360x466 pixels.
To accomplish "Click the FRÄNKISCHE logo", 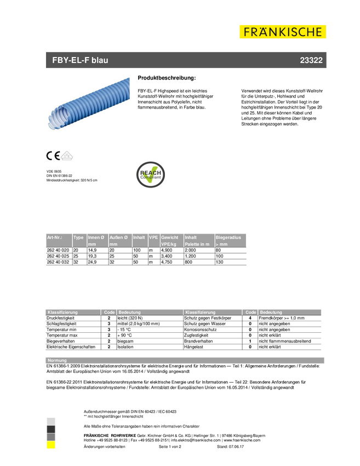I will (x=283, y=32).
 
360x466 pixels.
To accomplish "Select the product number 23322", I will (x=311, y=60).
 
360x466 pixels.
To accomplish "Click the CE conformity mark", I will (x=53, y=156).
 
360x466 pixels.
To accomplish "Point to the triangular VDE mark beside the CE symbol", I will (x=67, y=156).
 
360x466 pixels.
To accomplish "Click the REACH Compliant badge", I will (x=151, y=175).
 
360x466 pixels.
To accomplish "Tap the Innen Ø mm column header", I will (x=96, y=240).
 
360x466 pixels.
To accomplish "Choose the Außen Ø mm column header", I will (x=119, y=240).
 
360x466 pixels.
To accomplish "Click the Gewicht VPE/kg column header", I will (x=170, y=240).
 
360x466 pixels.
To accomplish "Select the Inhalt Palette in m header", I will (x=198, y=240).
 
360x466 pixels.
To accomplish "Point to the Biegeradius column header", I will (x=230, y=240).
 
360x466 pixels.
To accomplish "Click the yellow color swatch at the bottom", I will (x=51, y=446).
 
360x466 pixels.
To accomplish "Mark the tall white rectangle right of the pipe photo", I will (x=232, y=124).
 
